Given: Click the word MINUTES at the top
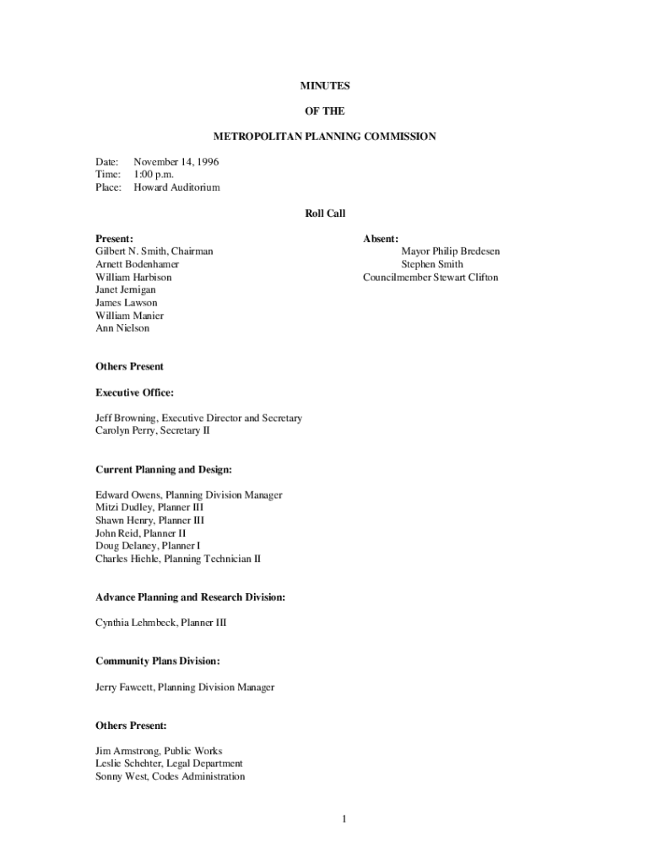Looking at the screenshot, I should tap(325, 86).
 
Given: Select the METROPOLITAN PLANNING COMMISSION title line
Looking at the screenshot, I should tap(325, 136).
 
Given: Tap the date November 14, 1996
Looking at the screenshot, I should tap(176, 161).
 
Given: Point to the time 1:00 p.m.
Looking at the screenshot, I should tap(154, 174).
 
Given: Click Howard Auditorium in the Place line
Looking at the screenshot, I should tap(176, 187).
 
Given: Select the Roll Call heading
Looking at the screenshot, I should tap(325, 213).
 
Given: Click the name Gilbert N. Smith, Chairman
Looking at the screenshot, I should tap(154, 251).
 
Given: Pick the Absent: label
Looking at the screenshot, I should tap(381, 239).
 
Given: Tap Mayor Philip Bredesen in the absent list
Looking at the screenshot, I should tap(450, 251).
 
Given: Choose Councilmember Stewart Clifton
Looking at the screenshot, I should tap(431, 277).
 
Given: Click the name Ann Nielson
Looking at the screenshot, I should tap(122, 328).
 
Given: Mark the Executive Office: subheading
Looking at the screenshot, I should tap(135, 392).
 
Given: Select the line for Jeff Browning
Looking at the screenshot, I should tap(198, 418).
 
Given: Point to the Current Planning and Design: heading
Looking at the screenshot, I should tap(164, 469).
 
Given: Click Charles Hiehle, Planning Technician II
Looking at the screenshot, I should tap(178, 559).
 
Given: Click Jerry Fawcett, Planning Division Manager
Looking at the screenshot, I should tap(185, 687).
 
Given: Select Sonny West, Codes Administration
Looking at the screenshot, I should tap(170, 776).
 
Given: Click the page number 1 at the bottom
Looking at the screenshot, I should tap(344, 818).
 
